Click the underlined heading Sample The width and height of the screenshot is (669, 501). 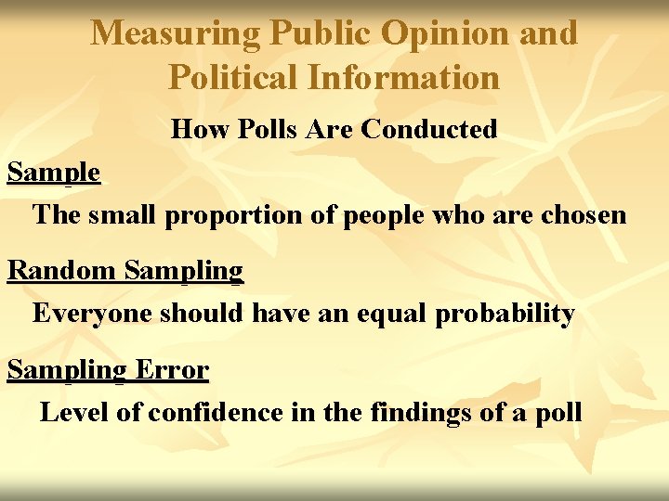tap(53, 173)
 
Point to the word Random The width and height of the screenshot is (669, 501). tap(61, 271)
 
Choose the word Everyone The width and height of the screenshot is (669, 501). tap(92, 314)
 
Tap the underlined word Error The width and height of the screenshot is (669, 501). tap(172, 370)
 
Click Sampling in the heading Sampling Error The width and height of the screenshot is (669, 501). tap(66, 370)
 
